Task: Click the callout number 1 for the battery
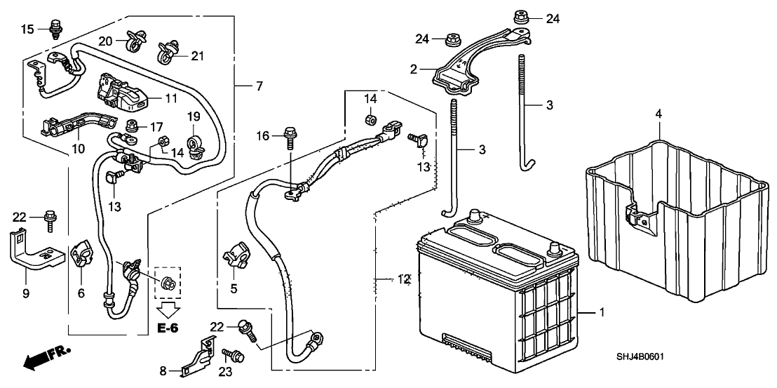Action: (601, 312)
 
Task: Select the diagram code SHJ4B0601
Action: (637, 357)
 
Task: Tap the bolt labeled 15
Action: (55, 29)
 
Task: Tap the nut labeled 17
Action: (132, 127)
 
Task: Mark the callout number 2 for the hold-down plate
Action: (414, 69)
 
